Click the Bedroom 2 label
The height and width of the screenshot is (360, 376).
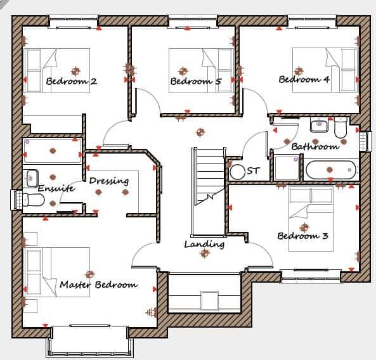tap(71, 81)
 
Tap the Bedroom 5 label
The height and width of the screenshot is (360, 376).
tap(195, 81)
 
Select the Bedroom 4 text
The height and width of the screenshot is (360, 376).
tap(304, 80)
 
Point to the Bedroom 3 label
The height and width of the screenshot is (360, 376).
tap(302, 236)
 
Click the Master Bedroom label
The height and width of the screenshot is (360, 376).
tap(98, 285)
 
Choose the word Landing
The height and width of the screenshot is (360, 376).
tap(204, 244)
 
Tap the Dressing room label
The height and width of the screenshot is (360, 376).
tap(108, 181)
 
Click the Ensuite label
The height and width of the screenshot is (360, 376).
tap(56, 188)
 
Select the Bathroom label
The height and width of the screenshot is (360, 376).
tap(315, 146)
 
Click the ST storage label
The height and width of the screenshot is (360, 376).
tap(254, 170)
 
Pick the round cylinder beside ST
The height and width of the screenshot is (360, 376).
tap(238, 171)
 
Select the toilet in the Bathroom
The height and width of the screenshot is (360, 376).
tap(340, 129)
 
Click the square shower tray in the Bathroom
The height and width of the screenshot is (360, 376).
tap(285, 168)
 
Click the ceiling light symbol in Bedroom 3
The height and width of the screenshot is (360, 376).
tap(304, 226)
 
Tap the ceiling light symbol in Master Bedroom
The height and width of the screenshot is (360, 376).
tap(89, 274)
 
